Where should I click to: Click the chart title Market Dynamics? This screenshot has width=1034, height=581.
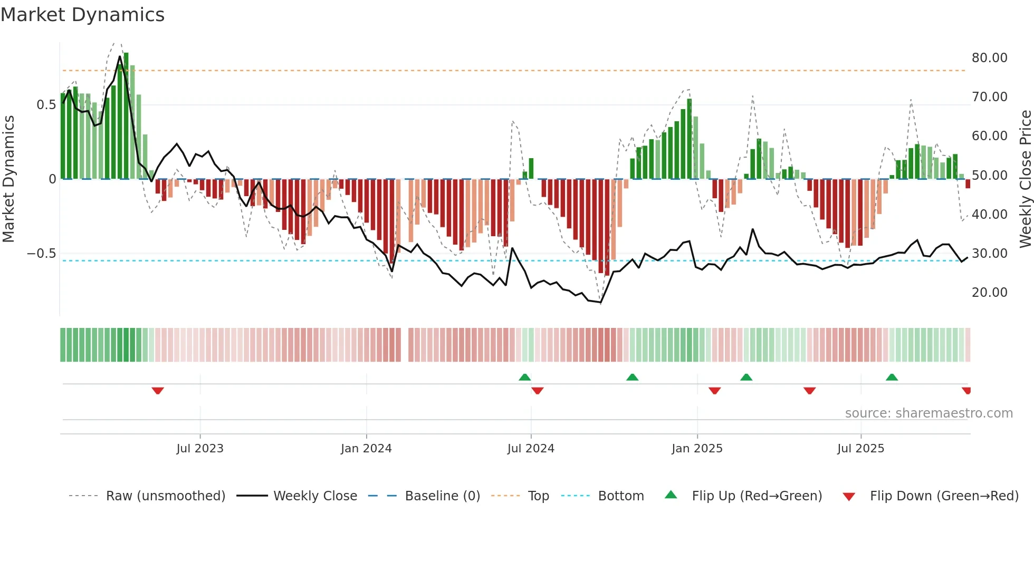click(83, 15)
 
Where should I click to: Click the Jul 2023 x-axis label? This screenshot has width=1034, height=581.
click(200, 449)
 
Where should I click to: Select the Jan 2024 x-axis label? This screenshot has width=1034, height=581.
click(366, 449)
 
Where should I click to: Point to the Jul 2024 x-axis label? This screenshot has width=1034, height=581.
click(531, 449)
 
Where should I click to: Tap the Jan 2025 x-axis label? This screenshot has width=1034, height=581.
click(697, 449)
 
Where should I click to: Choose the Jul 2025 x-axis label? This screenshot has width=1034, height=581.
click(860, 449)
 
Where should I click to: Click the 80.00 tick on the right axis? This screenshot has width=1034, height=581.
click(989, 58)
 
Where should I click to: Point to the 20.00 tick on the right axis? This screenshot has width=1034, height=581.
click(989, 293)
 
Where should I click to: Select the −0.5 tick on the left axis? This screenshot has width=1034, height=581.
click(42, 254)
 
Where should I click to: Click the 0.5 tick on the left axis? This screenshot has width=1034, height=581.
click(46, 105)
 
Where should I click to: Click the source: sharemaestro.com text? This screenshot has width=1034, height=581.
click(928, 413)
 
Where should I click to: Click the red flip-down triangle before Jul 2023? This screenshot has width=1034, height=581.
click(158, 391)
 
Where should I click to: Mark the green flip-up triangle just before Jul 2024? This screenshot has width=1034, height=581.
click(524, 377)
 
